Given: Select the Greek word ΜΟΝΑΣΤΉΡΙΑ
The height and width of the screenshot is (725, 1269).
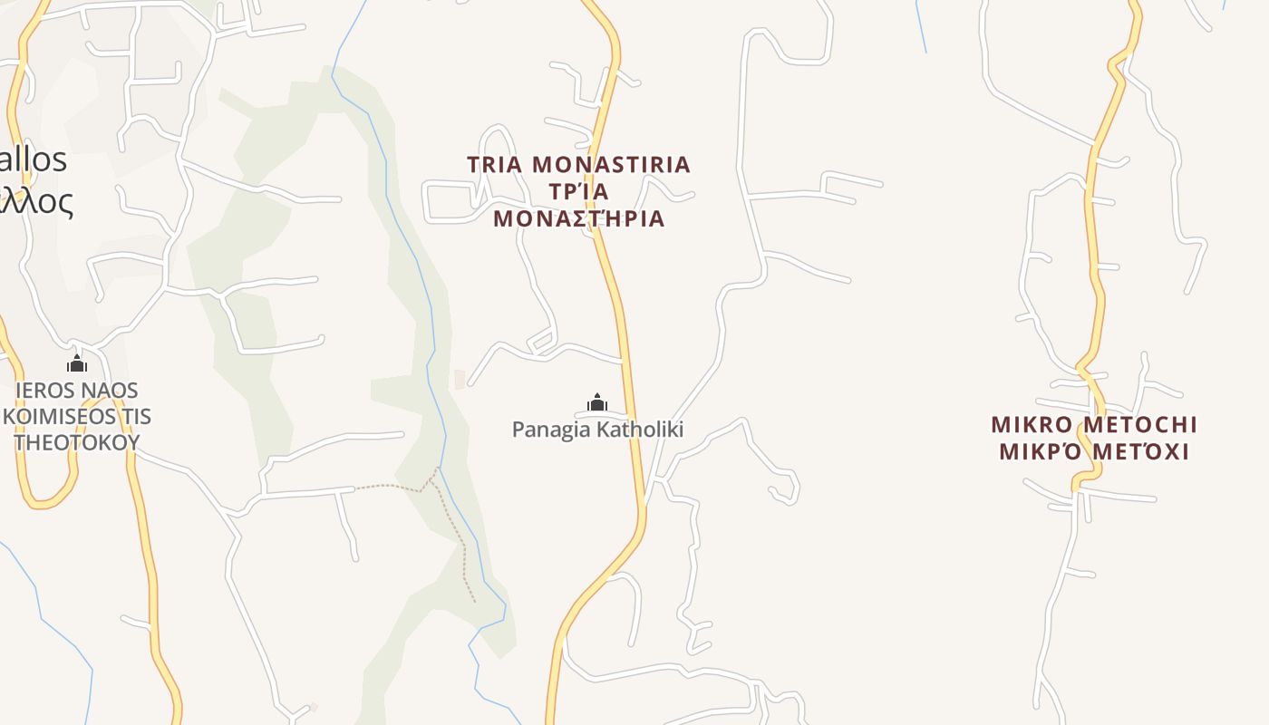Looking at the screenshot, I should (x=579, y=218).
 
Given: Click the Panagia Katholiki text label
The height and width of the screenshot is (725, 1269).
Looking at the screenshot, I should (x=597, y=430).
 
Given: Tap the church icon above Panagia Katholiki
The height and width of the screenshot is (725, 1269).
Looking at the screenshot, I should (x=597, y=402).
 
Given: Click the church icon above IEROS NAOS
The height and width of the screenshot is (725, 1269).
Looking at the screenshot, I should (x=77, y=364).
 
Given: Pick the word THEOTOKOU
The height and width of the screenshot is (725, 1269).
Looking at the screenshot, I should (x=77, y=442).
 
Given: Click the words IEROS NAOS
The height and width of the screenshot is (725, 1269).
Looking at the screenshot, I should (x=77, y=391).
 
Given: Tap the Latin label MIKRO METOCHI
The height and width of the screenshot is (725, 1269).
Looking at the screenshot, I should (x=1094, y=425).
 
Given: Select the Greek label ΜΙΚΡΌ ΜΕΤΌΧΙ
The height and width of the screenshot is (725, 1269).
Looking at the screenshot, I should (x=1094, y=451).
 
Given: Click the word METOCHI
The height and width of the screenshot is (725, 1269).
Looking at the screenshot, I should (x=1140, y=425).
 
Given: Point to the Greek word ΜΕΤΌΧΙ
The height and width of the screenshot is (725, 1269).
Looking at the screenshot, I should (x=1144, y=451).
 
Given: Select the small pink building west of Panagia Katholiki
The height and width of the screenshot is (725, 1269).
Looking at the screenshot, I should (x=460, y=379).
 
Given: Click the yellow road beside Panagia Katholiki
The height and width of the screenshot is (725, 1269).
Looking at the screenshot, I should (x=632, y=399).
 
